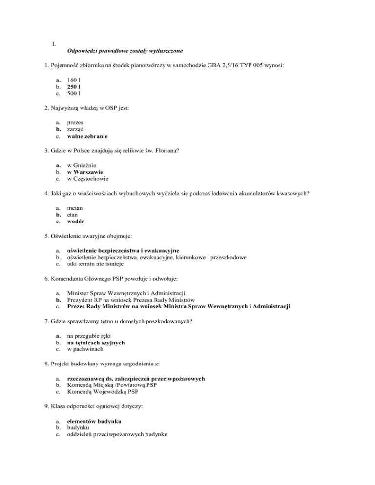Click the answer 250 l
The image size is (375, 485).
click(x=75, y=86)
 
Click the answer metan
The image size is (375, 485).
click(x=76, y=207)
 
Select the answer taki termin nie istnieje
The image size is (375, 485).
click(x=95, y=264)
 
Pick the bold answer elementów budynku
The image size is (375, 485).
click(x=94, y=421)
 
